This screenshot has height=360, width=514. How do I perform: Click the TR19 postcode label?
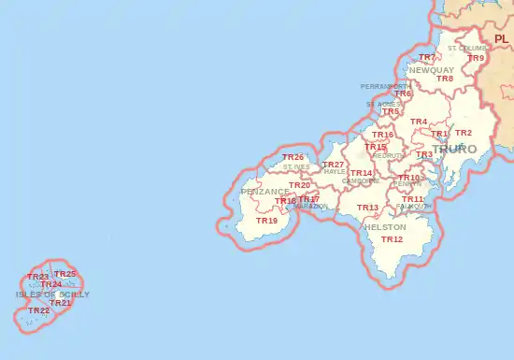click(x=266, y=222)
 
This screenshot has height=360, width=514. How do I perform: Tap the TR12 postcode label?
click(x=392, y=240)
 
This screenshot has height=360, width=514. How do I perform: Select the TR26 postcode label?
click(x=293, y=157)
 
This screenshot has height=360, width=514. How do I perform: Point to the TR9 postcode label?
click(x=476, y=58)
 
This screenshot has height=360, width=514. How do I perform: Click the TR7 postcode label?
click(x=426, y=58)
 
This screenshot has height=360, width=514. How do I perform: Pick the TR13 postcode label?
click(x=367, y=208)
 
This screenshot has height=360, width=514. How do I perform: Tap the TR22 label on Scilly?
click(x=39, y=310)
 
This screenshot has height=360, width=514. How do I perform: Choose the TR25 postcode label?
click(x=65, y=274)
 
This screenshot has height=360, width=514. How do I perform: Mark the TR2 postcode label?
click(x=464, y=133)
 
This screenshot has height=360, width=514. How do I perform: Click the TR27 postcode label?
click(x=333, y=165)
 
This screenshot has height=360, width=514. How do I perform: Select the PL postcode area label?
click(x=502, y=38)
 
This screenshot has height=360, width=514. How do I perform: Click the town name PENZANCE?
click(x=265, y=192)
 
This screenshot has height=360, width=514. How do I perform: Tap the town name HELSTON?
click(x=384, y=227)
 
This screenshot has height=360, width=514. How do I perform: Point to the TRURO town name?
click(x=454, y=149)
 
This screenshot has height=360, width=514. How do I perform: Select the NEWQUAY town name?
click(x=431, y=70)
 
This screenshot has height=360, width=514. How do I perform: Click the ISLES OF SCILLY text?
click(x=53, y=294)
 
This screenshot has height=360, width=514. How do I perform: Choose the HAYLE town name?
click(x=335, y=173)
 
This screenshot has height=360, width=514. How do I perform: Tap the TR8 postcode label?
click(x=445, y=79)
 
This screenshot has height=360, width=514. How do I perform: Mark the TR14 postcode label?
click(x=361, y=173)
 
